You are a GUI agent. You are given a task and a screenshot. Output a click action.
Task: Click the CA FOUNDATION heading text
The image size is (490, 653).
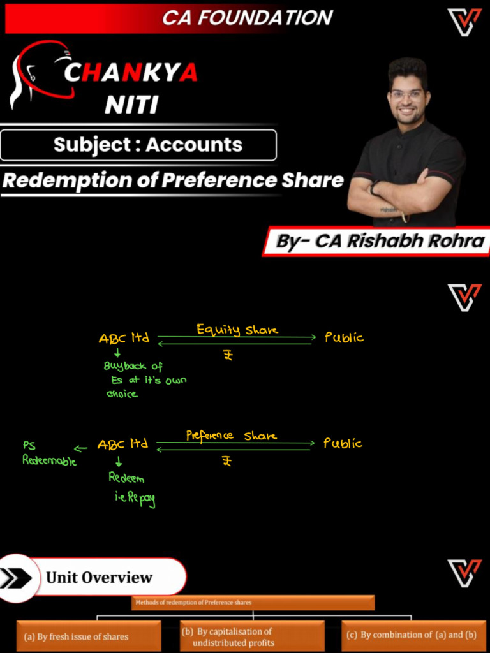tap(247, 18)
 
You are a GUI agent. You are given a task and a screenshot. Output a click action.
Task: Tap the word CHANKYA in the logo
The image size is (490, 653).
tap(131, 74)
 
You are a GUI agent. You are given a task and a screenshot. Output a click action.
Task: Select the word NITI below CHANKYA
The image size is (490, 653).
tap(131, 104)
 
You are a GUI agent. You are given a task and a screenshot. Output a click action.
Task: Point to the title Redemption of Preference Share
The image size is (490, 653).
tap(173, 180)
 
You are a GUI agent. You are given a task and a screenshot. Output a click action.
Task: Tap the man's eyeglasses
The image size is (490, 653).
tap(407, 94)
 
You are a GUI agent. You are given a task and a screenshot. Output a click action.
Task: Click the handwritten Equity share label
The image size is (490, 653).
tap(237, 330)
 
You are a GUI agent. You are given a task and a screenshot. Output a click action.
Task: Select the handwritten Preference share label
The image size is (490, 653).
tap(232, 436)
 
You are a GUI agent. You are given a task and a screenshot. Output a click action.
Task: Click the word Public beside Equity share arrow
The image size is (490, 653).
tap(344, 337)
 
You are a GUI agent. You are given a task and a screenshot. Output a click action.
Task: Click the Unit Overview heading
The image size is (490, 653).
tap(100, 578)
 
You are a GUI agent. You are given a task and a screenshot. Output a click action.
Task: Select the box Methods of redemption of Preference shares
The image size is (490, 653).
tap(253, 603)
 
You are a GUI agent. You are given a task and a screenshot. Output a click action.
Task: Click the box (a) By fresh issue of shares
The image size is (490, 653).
tap(89, 636)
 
